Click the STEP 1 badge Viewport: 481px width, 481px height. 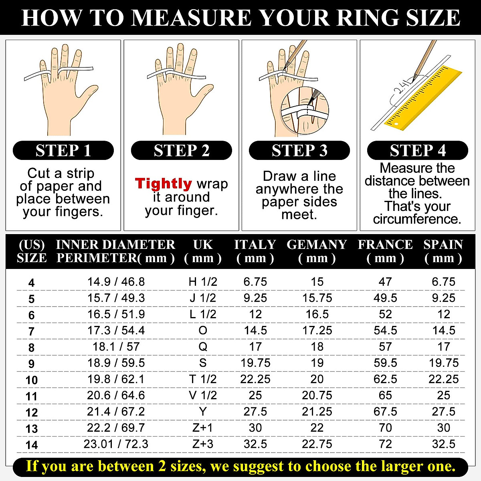pyautogui.click(x=63, y=150)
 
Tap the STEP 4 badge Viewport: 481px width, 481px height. pyautogui.click(x=418, y=150)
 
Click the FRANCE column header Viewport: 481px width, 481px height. pyautogui.click(x=385, y=251)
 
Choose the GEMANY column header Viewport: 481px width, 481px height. pyautogui.click(x=317, y=251)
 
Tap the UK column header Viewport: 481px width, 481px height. pyautogui.click(x=203, y=251)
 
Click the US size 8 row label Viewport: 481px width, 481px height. pyautogui.click(x=31, y=348)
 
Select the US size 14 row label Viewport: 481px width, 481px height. pyautogui.click(x=31, y=445)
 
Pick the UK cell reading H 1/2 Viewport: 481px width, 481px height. pyautogui.click(x=203, y=282)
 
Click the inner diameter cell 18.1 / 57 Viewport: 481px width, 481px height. pyautogui.click(x=116, y=347)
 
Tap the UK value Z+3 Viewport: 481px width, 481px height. pyautogui.click(x=203, y=444)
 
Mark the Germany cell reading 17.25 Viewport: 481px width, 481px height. pyautogui.click(x=317, y=330)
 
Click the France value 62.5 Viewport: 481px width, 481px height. pyautogui.click(x=385, y=379)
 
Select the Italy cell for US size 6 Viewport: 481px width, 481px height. pyautogui.click(x=255, y=314)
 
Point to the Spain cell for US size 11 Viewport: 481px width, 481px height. pyautogui.click(x=443, y=395)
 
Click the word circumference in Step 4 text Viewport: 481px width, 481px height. pyautogui.click(x=417, y=219)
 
